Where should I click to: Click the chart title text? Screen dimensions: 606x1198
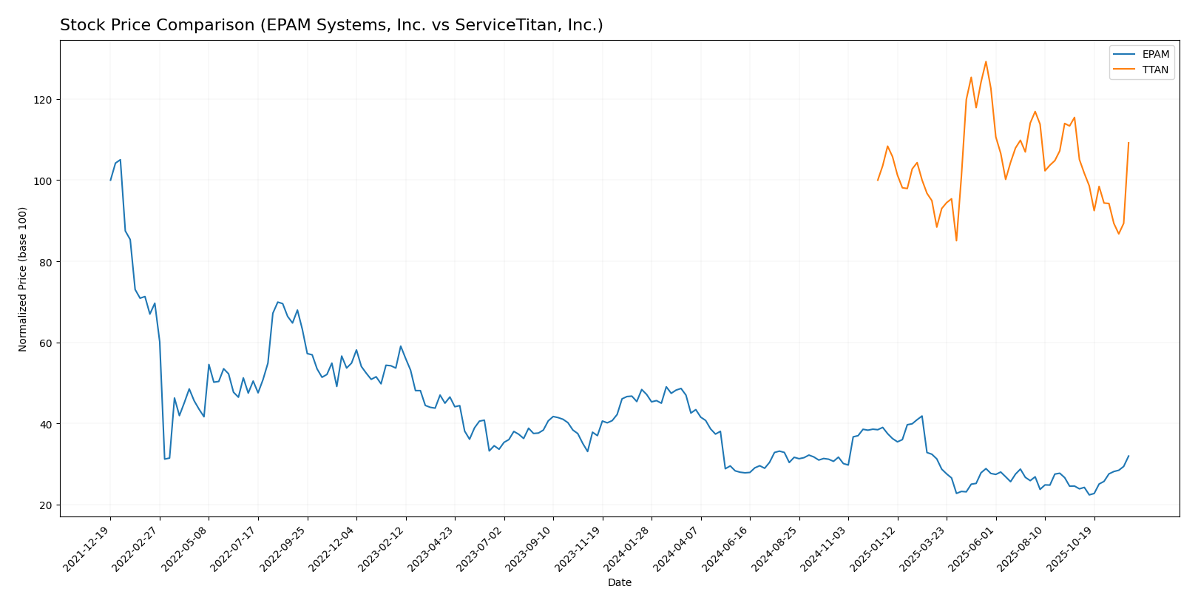(331, 25)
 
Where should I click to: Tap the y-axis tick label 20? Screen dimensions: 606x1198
(44, 505)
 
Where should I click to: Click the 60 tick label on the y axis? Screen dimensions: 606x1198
(44, 343)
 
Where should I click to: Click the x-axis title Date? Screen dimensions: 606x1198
(619, 583)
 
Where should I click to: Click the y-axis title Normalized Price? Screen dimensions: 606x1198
(23, 279)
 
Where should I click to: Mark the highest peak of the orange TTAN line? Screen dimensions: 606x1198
(986, 61)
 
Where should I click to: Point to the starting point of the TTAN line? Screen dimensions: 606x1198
(878, 180)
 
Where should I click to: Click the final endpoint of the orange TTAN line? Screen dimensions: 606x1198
(1128, 143)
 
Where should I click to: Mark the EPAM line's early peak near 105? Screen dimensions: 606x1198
(120, 159)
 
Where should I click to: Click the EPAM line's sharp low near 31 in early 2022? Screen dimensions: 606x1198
(164, 459)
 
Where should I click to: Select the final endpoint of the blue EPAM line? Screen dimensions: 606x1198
(1128, 456)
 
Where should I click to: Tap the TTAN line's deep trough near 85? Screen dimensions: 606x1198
(956, 240)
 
